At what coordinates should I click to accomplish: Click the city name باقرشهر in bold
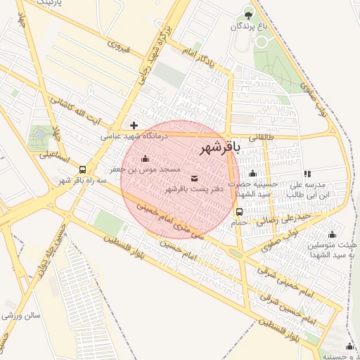coord(220,148)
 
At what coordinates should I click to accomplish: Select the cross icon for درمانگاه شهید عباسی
coord(134,125)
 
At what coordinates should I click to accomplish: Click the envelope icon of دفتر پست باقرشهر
coord(194,178)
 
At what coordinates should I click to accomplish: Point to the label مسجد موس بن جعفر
coord(145,169)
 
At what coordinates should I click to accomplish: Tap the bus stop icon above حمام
coord(240,212)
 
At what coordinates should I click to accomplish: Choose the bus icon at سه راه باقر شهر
coord(83,169)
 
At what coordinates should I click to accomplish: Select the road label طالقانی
coord(255,138)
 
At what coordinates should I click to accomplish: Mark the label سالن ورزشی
coord(21,316)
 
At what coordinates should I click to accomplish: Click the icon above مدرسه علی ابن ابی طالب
coord(307,174)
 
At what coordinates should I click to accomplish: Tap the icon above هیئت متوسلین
coord(332,235)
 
